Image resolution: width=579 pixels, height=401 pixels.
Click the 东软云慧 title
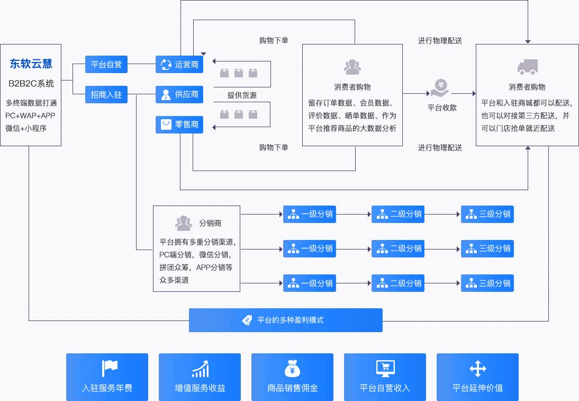click(31, 64)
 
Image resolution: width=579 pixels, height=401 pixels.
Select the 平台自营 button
click(106, 64)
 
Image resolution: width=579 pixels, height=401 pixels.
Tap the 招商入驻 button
click(106, 94)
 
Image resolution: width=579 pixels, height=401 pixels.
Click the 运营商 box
click(179, 64)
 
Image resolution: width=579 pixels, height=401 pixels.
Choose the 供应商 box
click(179, 94)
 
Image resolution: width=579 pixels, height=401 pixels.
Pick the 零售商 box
click(179, 124)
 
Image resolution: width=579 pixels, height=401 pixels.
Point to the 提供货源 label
click(242, 95)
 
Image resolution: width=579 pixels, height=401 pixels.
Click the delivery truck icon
click(527, 67)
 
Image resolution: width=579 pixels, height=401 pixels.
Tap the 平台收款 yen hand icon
click(441, 88)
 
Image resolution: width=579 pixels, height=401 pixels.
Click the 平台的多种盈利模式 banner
click(286, 320)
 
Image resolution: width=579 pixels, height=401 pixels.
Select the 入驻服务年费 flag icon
click(110, 369)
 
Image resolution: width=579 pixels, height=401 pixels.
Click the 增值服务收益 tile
click(200, 377)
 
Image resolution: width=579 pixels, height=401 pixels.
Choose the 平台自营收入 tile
click(385, 377)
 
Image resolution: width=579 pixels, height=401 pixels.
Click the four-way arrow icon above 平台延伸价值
click(478, 369)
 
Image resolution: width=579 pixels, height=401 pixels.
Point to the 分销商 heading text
click(210, 223)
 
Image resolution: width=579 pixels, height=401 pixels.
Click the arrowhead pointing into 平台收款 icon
click(428, 94)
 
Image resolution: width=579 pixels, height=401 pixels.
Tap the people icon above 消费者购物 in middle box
click(352, 67)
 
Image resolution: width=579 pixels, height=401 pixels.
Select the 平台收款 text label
click(442, 108)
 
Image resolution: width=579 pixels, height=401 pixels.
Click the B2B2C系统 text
click(31, 84)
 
